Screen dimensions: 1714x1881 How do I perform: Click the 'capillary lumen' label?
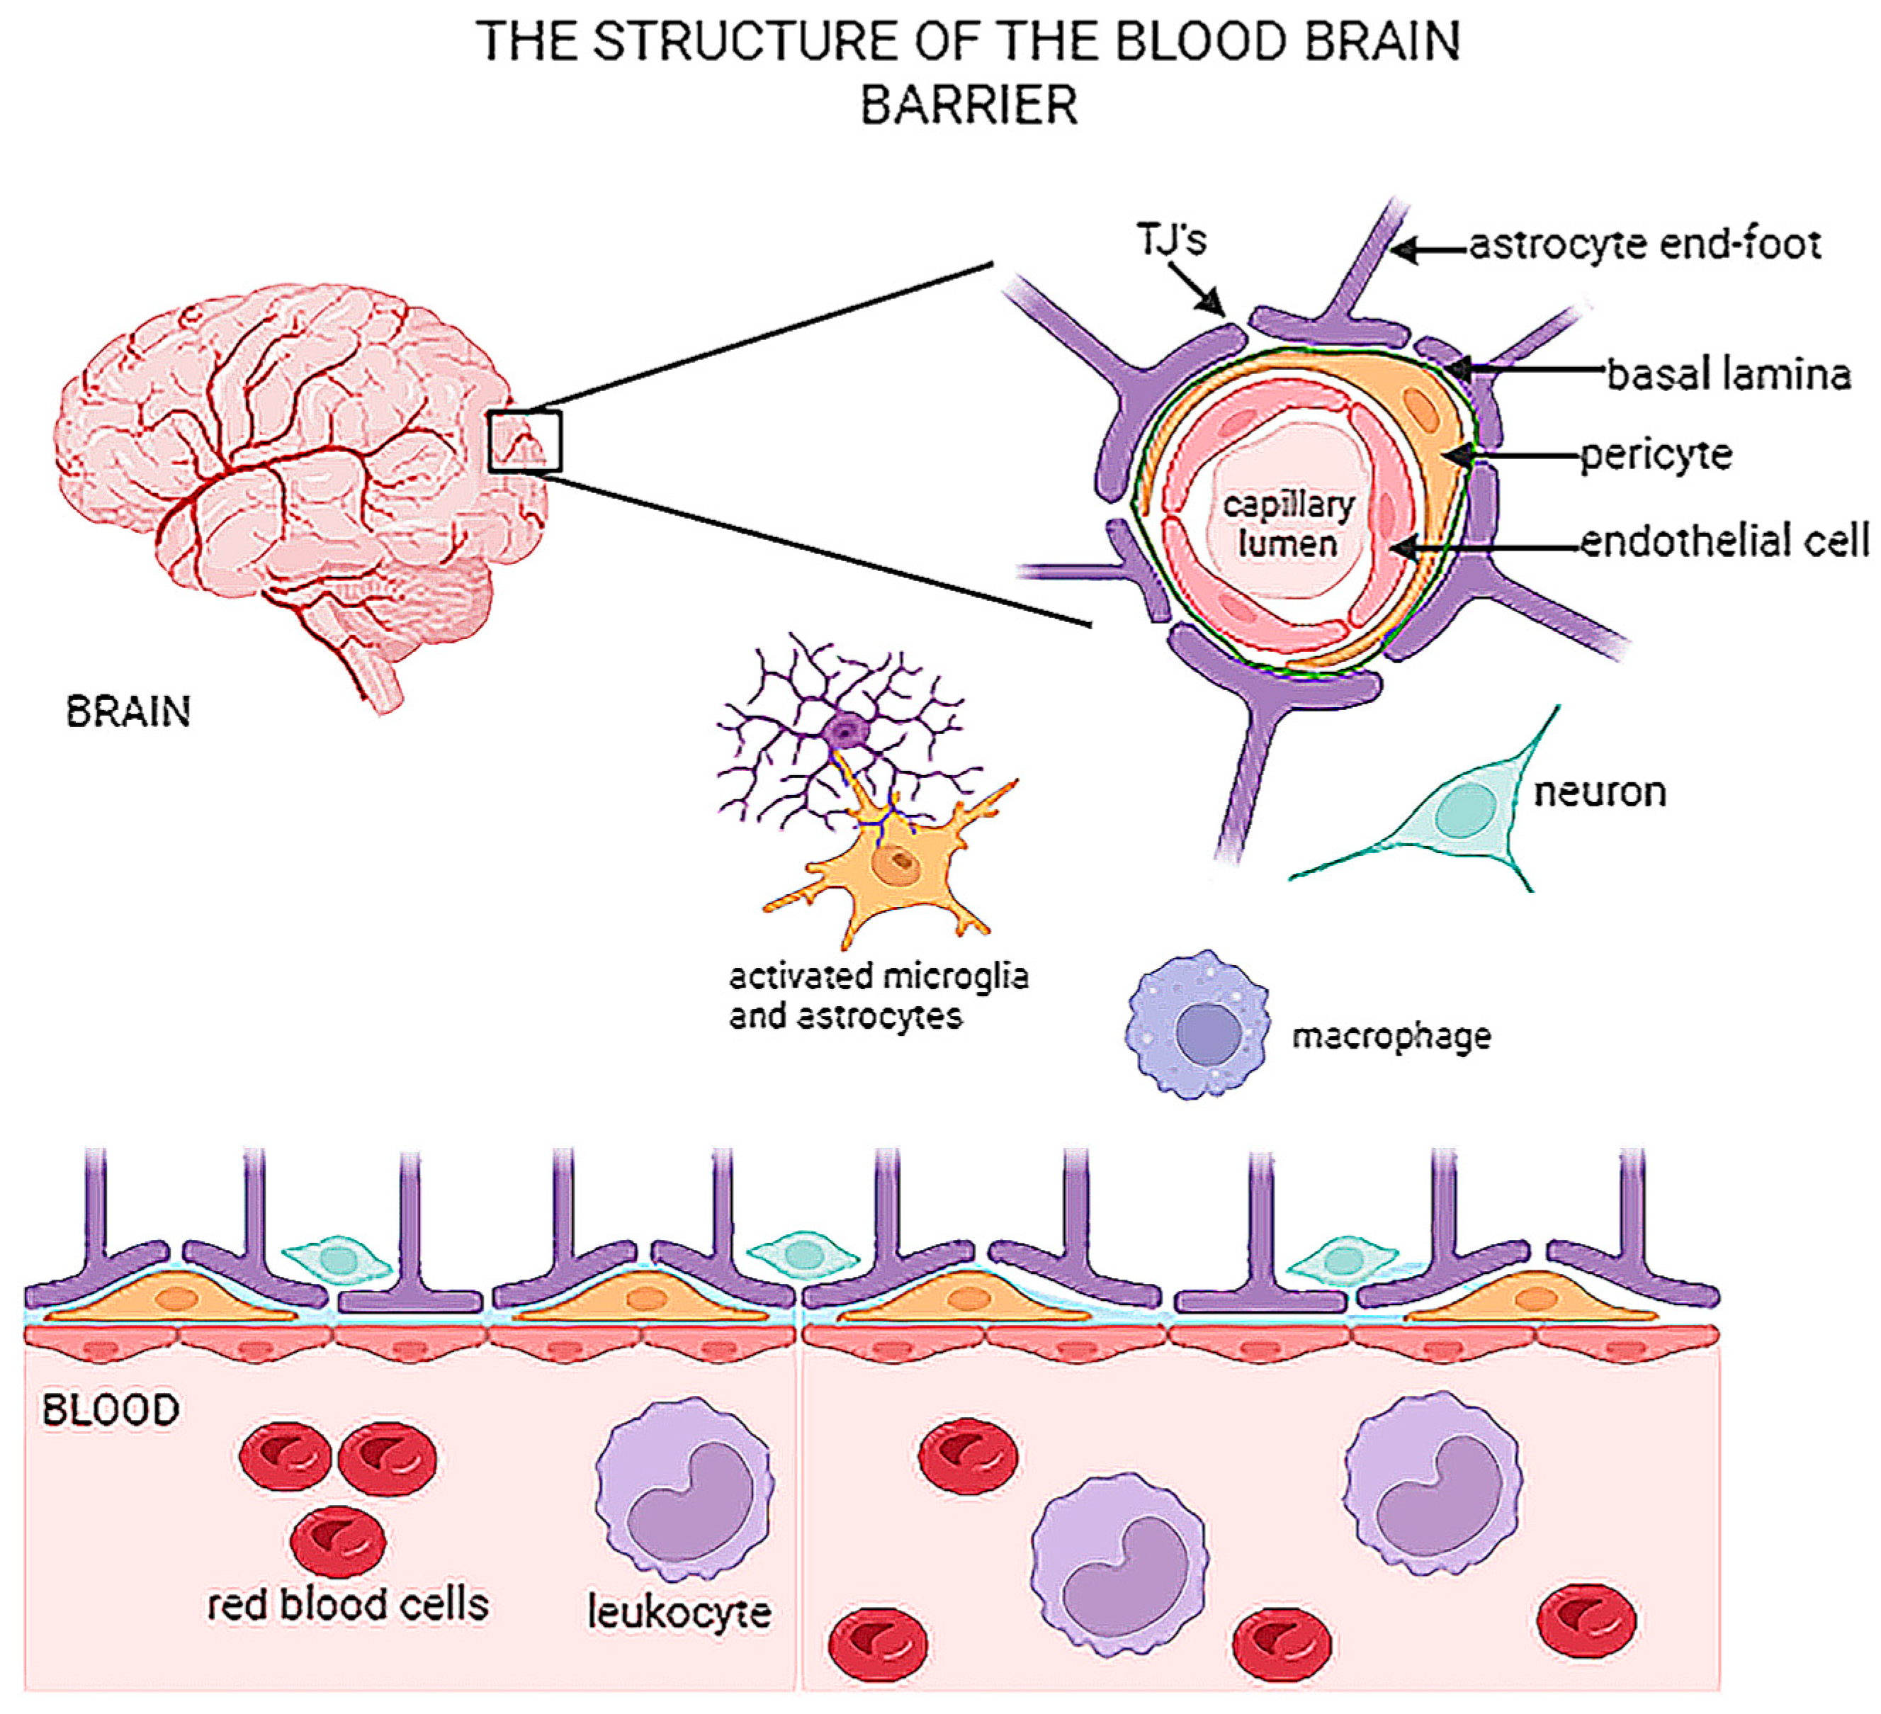pyautogui.click(x=1287, y=524)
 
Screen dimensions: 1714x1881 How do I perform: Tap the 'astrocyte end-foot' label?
pyautogui.click(x=1644, y=244)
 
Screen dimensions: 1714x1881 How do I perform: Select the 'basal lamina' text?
pyautogui.click(x=1728, y=374)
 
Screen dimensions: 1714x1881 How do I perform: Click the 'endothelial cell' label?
pyautogui.click(x=1724, y=541)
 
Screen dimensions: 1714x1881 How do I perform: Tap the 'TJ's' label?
pyautogui.click(x=1171, y=239)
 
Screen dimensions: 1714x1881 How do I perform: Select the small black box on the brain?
pyautogui.click(x=524, y=441)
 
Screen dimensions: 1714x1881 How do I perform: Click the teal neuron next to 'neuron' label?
pyautogui.click(x=1465, y=807)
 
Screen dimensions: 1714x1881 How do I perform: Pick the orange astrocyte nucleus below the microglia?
pyautogui.click(x=898, y=864)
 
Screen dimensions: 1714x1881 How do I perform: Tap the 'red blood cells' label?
pyautogui.click(x=347, y=1605)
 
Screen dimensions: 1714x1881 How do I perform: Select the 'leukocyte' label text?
pyautogui.click(x=679, y=1612)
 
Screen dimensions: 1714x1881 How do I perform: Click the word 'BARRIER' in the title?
pyautogui.click(x=968, y=104)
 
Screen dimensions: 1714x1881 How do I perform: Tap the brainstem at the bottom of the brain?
pyautogui.click(x=378, y=677)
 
